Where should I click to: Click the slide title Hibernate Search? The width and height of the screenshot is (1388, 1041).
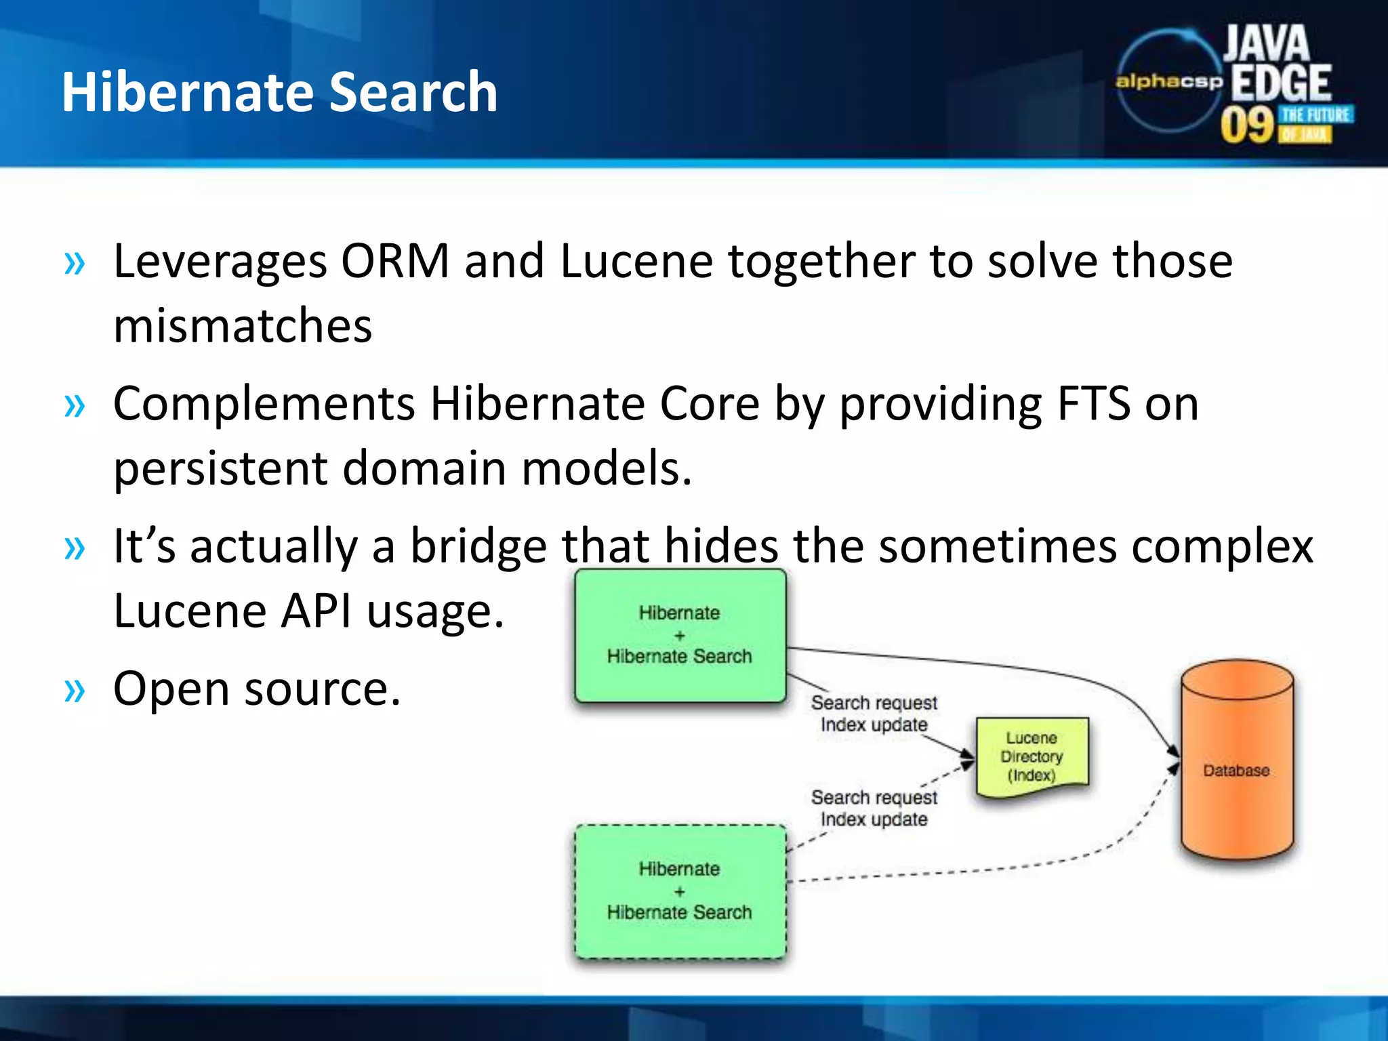point(279,92)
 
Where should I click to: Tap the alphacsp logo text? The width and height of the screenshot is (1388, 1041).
point(1168,81)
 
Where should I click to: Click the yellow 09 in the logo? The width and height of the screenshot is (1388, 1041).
point(1247,125)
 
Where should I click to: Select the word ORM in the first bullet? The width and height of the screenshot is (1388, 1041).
point(395,261)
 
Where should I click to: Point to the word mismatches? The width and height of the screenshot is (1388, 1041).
point(243,326)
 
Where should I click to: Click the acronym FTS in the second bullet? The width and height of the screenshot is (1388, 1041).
point(1093,404)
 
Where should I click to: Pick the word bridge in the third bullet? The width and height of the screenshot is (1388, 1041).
point(478,546)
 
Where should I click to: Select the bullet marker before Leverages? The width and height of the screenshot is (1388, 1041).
point(75,263)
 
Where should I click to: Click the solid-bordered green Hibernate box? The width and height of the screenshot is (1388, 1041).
point(680,635)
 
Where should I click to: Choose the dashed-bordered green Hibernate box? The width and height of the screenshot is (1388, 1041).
point(680,891)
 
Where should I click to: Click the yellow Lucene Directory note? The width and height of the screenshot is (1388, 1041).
point(1032,756)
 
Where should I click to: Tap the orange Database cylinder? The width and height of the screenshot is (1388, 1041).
point(1236,762)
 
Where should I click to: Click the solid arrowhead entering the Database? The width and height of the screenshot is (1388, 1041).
point(1173,751)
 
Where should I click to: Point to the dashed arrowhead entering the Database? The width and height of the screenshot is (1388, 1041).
point(1173,768)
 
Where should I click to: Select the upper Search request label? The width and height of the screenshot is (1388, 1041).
point(874,703)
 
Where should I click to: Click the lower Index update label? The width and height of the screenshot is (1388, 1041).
point(874,819)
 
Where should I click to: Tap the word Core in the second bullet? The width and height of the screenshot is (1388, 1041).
point(710,404)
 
